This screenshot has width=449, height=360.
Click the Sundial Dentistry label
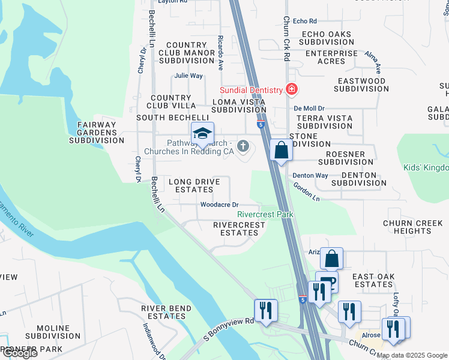point(251,90)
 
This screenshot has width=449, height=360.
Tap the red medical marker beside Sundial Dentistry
point(291,89)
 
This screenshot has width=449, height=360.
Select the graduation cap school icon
point(202,134)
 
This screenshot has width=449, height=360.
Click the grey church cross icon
point(243,145)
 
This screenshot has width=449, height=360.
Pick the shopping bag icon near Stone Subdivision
point(281,151)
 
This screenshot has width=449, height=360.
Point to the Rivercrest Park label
point(265,214)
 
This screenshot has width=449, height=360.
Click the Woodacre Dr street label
point(219,205)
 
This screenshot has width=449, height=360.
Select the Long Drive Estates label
point(190,185)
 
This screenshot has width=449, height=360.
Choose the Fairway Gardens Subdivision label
point(96,133)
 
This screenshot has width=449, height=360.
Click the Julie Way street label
point(188,76)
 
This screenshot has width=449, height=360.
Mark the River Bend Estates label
point(163,312)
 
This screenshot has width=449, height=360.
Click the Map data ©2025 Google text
point(412,355)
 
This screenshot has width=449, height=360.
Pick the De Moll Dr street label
point(309,108)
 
